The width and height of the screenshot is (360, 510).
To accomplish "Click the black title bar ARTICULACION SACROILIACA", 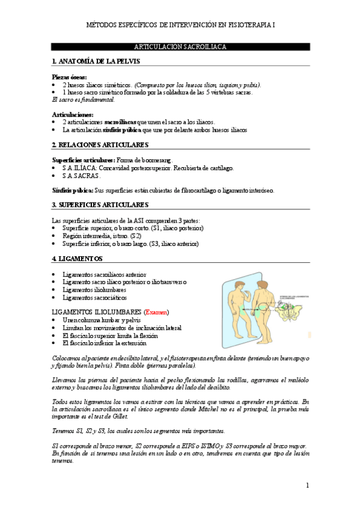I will [x=180, y=47].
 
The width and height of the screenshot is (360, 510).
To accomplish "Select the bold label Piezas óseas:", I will [x=69, y=77].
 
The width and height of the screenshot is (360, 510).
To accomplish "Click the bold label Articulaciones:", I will [x=72, y=114].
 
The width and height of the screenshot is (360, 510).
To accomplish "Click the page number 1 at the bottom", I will [x=307, y=485].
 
